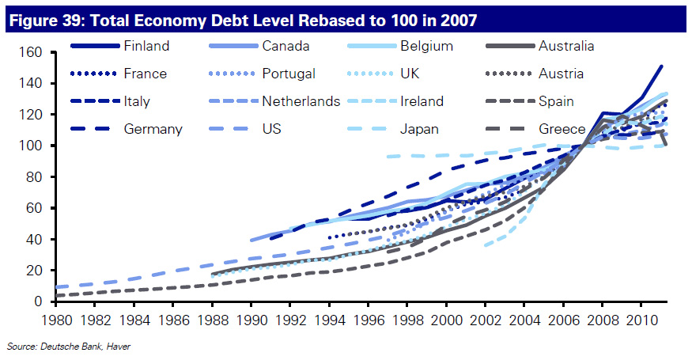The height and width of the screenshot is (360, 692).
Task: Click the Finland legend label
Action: [x=146, y=46]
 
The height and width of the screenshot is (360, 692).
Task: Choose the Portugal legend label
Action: [x=289, y=74]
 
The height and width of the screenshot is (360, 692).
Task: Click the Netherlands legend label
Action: [x=301, y=101]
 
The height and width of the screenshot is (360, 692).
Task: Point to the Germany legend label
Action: [x=153, y=129]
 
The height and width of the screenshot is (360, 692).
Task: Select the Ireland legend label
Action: [x=422, y=101]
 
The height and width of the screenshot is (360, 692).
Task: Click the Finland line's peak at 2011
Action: [x=661, y=66]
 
